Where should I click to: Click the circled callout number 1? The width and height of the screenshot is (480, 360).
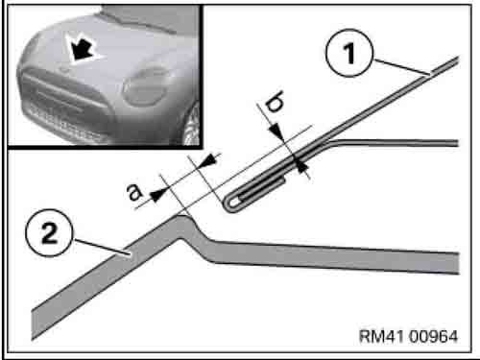click(x=349, y=53)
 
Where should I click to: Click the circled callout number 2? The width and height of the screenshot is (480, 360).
click(x=49, y=232)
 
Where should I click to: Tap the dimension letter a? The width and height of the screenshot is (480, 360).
click(x=135, y=193)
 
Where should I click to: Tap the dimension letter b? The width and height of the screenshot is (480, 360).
click(x=275, y=102)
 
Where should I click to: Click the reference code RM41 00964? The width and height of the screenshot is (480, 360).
click(x=408, y=336)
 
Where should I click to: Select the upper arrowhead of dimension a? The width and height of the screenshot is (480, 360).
click(x=208, y=159)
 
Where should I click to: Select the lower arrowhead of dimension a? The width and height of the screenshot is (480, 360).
click(x=157, y=195)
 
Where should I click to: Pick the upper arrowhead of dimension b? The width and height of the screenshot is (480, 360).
click(x=276, y=132)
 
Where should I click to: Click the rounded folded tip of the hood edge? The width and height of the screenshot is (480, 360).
click(x=229, y=204)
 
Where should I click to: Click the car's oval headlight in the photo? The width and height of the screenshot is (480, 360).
click(x=145, y=87)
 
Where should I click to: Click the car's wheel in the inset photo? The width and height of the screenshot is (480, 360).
click(x=191, y=125)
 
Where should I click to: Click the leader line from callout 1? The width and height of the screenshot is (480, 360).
click(x=402, y=67)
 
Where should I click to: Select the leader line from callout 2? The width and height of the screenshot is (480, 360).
click(x=102, y=247)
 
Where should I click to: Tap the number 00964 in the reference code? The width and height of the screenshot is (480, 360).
click(x=433, y=336)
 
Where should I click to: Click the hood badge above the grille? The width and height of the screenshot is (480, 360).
click(x=64, y=69)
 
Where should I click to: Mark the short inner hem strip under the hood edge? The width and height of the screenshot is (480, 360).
click(x=262, y=189)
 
